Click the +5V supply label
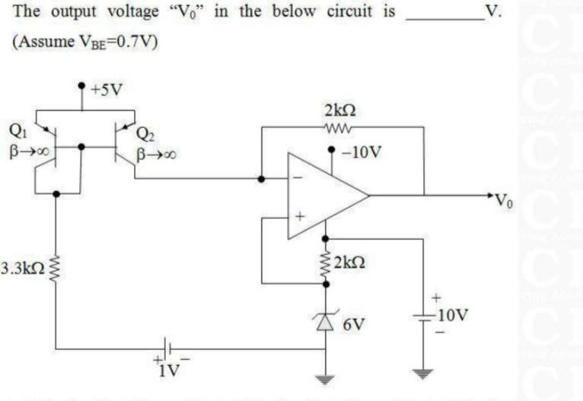tap(106, 89)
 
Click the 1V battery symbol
tap(169, 349)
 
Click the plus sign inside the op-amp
tap(300, 217)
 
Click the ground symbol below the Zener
tap(327, 379)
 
